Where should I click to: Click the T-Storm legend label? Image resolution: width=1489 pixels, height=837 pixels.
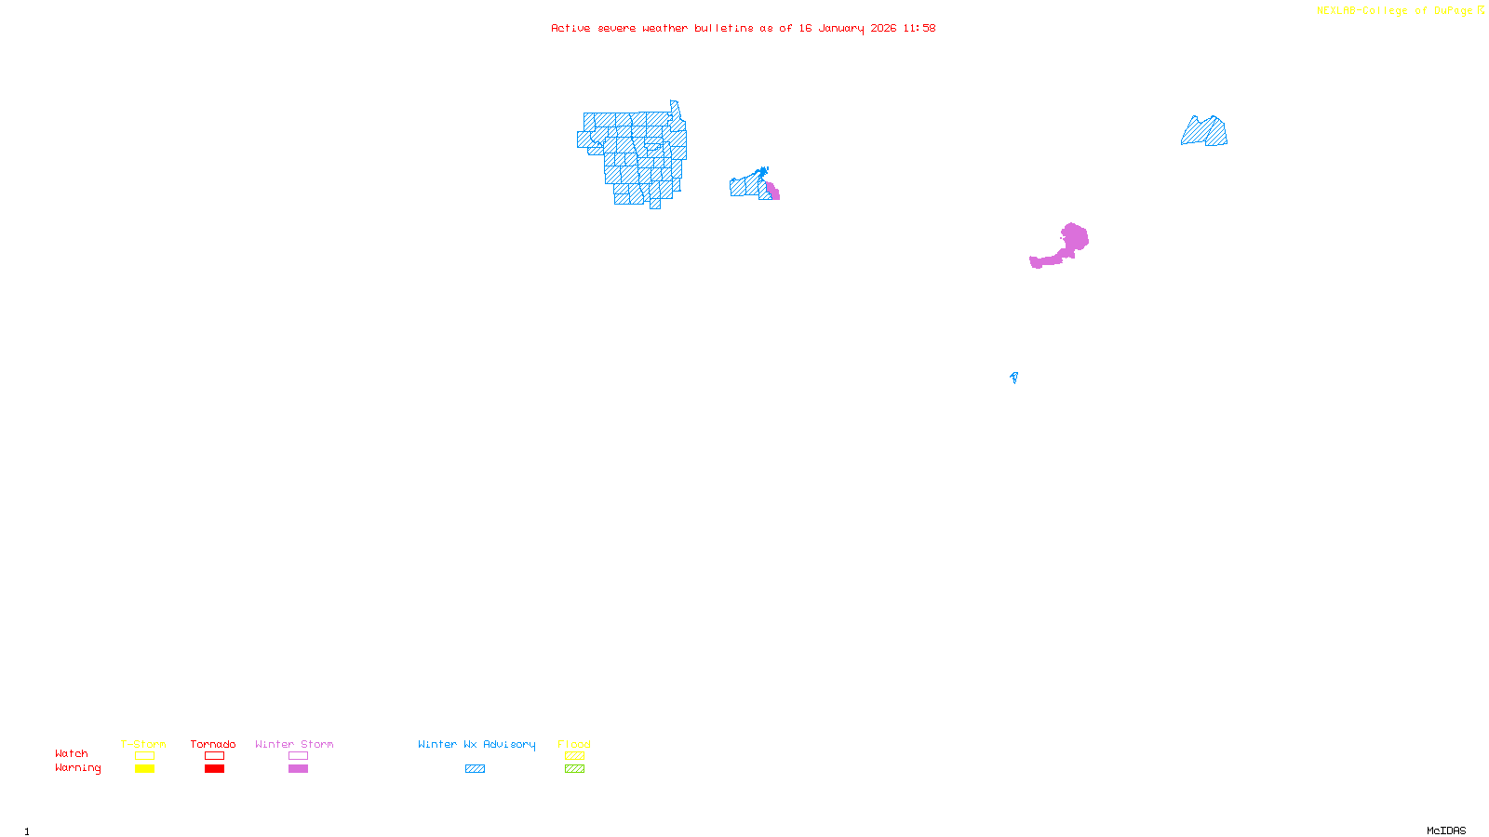[x=143, y=744]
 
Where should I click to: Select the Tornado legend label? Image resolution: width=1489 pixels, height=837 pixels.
[x=213, y=744]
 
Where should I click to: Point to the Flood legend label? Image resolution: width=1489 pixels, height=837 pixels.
[x=574, y=744]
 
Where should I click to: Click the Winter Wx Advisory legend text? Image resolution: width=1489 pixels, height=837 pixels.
[x=476, y=744]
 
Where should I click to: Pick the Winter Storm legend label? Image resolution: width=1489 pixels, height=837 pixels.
[x=294, y=744]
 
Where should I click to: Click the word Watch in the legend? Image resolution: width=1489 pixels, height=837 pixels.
[x=72, y=754]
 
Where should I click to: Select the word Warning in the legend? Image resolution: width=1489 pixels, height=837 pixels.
[x=78, y=768]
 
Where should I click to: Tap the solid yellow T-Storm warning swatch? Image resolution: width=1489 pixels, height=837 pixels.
[x=144, y=769]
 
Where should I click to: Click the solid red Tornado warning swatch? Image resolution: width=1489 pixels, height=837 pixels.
[x=214, y=769]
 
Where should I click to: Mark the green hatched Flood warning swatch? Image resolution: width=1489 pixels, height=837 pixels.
[x=574, y=769]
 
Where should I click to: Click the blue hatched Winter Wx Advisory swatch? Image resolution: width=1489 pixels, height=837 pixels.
[x=475, y=769]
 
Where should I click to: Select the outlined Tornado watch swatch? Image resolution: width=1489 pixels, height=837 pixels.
[x=214, y=756]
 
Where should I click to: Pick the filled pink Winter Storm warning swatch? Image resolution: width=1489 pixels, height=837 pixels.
[x=298, y=769]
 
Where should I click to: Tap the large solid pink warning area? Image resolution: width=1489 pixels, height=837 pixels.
[x=1072, y=240]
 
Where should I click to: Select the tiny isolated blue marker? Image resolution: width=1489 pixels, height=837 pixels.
[x=1013, y=377]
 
